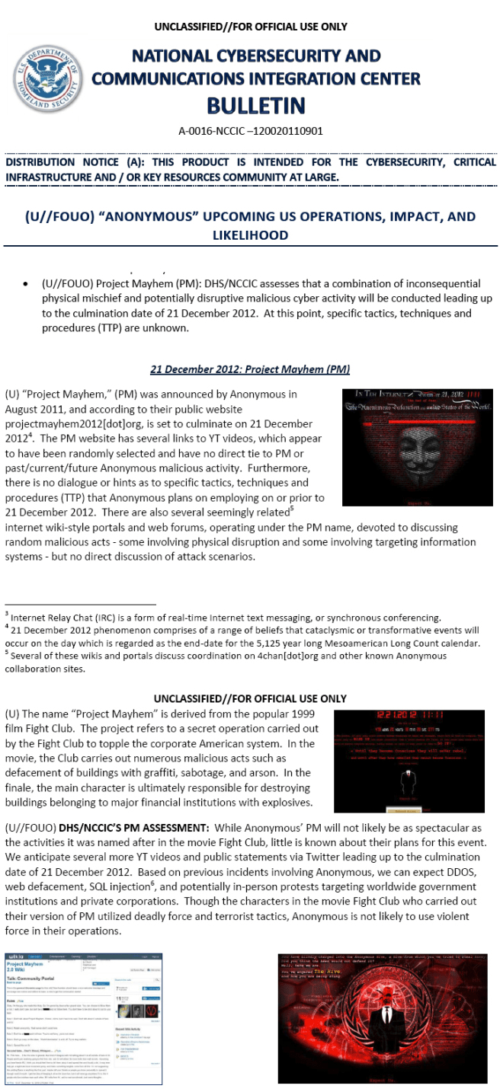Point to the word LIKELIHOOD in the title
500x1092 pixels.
pos(250,235)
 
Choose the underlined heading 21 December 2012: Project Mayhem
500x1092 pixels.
pos(249,369)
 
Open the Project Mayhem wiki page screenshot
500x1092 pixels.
pos(83,1017)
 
